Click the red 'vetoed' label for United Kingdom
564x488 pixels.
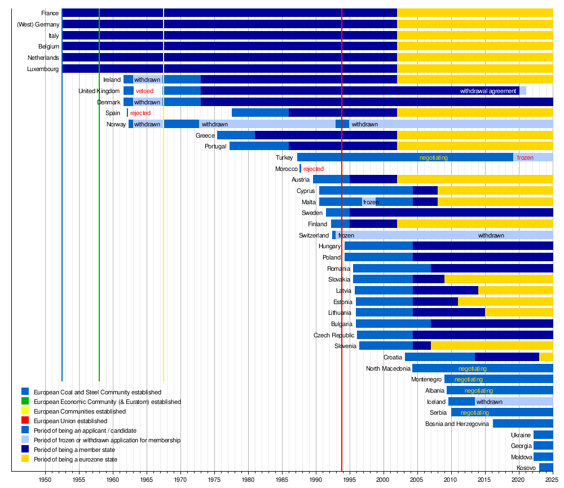click(144, 91)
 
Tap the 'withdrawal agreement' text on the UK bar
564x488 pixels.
click(488, 91)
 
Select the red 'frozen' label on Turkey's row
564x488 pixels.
click(525, 157)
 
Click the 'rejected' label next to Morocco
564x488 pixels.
click(313, 169)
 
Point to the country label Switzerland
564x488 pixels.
click(314, 235)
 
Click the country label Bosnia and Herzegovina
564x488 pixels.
click(457, 424)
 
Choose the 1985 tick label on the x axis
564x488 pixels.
click(282, 480)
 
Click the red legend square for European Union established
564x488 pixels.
click(25, 420)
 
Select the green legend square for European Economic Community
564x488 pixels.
click(25, 401)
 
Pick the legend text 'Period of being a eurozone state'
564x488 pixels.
click(76, 459)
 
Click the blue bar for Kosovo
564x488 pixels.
click(546, 468)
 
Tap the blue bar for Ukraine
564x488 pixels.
click(543, 435)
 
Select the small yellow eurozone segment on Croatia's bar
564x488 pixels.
click(546, 357)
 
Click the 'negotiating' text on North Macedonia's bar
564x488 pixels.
click(472, 368)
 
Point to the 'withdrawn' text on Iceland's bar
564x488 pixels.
click(489, 402)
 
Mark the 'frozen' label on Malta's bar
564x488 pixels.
click(371, 203)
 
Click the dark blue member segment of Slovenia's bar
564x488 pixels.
click(421, 346)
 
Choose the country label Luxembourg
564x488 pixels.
click(43, 69)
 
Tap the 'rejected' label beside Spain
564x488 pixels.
click(140, 113)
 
